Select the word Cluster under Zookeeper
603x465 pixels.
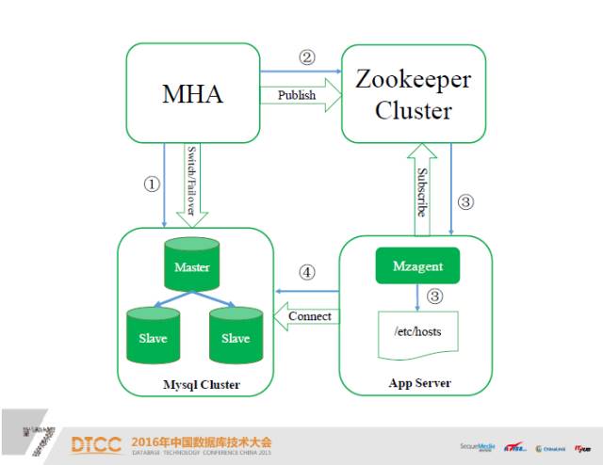[x=414, y=110]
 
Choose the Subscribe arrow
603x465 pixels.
[x=421, y=184]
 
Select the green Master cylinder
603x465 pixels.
[x=191, y=266]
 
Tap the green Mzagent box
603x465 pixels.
[x=416, y=266]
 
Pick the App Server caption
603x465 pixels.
[x=418, y=383]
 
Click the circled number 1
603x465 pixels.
[x=150, y=184]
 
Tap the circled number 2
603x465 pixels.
[x=306, y=57]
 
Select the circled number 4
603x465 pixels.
[x=306, y=273]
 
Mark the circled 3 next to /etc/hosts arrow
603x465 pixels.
[x=434, y=296]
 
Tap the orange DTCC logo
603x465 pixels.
[x=96, y=444]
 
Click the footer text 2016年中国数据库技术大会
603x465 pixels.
[x=201, y=440]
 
